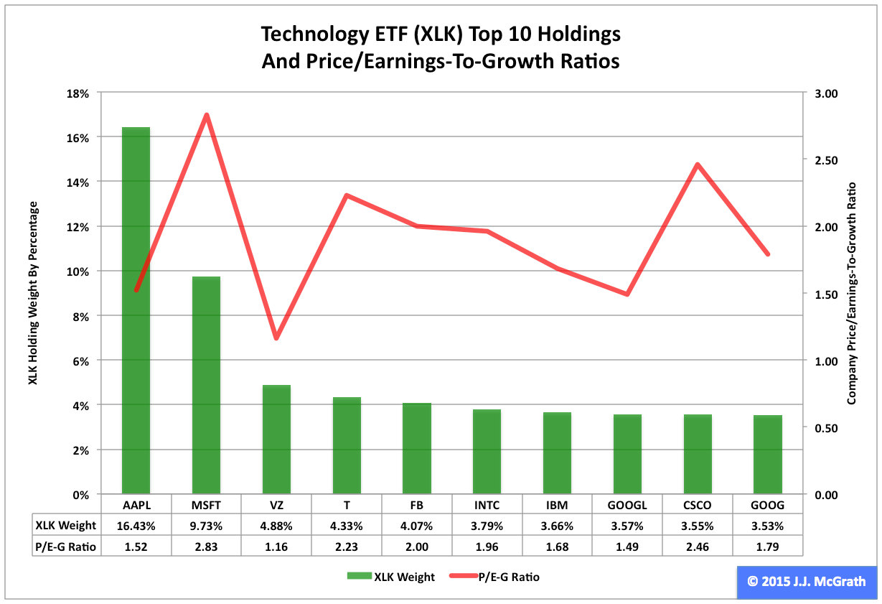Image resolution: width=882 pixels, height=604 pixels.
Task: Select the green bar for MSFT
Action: click(x=206, y=385)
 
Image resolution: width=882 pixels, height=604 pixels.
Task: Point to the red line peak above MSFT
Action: click(x=206, y=115)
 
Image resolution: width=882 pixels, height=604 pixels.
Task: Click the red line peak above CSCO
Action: click(x=697, y=164)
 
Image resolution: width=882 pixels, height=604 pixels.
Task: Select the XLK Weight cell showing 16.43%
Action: click(x=136, y=525)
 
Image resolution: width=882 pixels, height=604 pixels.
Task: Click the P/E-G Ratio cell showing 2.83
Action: click(x=206, y=547)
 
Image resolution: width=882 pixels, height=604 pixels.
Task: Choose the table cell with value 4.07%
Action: click(x=417, y=525)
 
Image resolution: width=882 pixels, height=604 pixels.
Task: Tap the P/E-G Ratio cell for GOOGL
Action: click(x=627, y=547)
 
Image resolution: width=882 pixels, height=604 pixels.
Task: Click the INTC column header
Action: click(x=487, y=505)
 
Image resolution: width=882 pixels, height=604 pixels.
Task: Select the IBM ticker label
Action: click(x=557, y=505)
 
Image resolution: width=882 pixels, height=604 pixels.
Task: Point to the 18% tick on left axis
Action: click(x=78, y=93)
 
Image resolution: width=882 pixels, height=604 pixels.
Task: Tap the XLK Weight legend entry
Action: click(x=391, y=577)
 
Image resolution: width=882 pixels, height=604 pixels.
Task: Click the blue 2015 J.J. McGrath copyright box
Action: click(x=806, y=582)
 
